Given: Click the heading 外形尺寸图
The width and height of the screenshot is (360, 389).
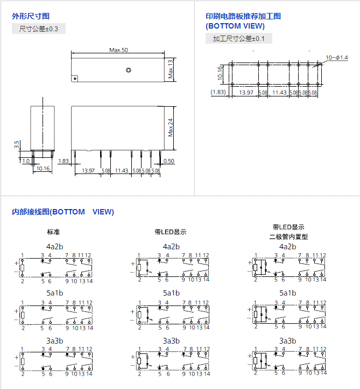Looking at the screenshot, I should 31,16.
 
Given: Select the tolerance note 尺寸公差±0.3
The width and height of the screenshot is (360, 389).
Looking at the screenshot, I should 39,29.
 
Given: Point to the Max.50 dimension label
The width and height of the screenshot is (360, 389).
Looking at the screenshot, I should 118,50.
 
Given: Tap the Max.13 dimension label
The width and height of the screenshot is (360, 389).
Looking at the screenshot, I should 171,69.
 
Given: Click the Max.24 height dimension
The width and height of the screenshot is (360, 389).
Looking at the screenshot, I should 171,127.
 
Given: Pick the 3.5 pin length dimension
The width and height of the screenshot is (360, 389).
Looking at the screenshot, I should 17,144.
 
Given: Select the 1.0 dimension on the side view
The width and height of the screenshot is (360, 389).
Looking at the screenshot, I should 26,161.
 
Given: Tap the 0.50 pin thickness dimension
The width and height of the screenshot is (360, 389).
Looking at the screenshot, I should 168,161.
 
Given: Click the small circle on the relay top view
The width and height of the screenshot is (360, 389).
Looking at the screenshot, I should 128,70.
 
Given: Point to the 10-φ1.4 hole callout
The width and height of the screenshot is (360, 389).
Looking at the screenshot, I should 337,57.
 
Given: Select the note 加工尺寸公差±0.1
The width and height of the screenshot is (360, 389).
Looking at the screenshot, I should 239,38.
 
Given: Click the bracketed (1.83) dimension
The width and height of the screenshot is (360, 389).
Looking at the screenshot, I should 218,93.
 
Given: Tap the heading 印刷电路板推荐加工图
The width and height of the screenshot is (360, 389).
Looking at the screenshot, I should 243,16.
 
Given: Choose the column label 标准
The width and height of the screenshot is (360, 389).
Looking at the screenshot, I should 53,232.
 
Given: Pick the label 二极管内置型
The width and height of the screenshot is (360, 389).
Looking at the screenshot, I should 288,237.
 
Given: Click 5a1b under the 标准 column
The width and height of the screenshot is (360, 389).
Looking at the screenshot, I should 54,293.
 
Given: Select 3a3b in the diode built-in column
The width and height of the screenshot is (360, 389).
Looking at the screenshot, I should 288,341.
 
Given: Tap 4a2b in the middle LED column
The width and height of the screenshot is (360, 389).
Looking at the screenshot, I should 171,246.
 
